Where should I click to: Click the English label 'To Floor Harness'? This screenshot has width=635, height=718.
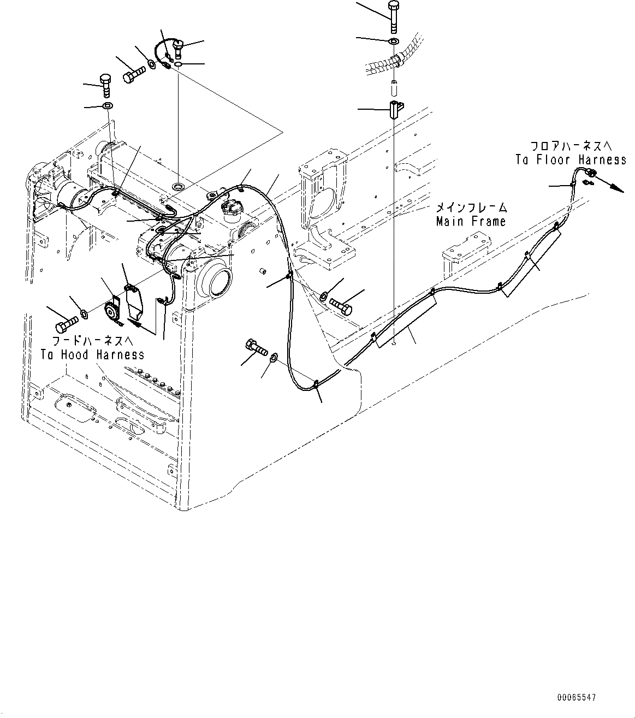pyautogui.click(x=571, y=159)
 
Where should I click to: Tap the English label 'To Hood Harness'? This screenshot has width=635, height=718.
pyautogui.click(x=92, y=354)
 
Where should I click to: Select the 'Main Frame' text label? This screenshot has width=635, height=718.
pyautogui.click(x=471, y=221)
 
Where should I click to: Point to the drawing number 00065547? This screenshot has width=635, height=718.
pyautogui.click(x=577, y=698)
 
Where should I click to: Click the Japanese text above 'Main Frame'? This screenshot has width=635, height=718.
pyautogui.click(x=471, y=208)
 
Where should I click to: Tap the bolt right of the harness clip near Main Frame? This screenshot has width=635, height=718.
pyautogui.click(x=343, y=306)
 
